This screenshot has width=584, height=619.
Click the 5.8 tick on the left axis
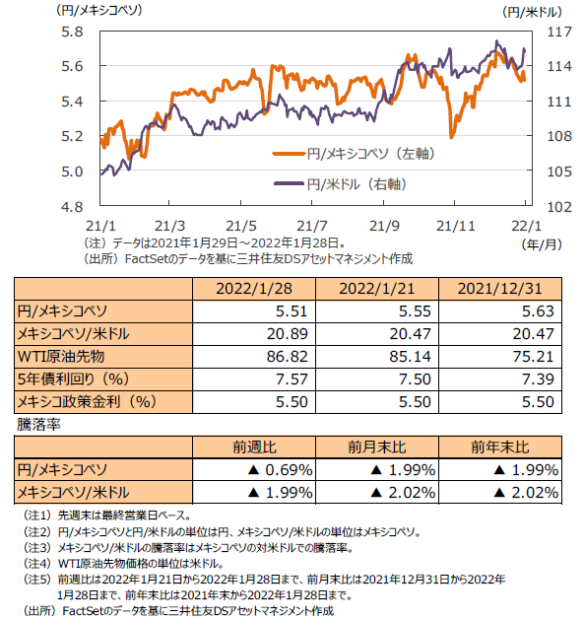click(x=72, y=32)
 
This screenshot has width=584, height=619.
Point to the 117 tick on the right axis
click(x=559, y=32)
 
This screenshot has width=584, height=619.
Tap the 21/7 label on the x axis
click(x=312, y=226)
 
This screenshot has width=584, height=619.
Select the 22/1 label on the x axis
click(x=527, y=226)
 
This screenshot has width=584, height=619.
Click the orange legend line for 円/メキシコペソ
click(x=289, y=153)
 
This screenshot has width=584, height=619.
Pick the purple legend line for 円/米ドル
click(x=289, y=183)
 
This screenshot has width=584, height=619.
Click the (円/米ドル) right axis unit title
click(x=533, y=12)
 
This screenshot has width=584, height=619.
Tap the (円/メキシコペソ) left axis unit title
click(x=99, y=10)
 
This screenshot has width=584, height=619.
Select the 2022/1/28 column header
click(x=254, y=289)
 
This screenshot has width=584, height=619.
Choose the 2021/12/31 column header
click(x=500, y=289)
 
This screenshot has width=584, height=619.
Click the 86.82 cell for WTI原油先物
click(x=287, y=357)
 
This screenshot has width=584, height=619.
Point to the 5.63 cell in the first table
click(x=538, y=311)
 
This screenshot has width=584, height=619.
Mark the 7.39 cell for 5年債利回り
click(x=538, y=378)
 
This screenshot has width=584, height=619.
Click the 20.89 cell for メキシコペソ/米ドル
click(x=287, y=334)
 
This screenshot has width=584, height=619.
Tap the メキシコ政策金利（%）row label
click(x=87, y=402)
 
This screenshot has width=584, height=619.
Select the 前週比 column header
click(x=254, y=447)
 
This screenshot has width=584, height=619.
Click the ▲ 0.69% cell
click(x=280, y=470)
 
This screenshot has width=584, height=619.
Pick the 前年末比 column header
click(x=500, y=447)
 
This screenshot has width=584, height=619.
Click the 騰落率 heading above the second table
click(x=38, y=425)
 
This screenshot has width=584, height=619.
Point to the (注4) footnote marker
click(x=37, y=564)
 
